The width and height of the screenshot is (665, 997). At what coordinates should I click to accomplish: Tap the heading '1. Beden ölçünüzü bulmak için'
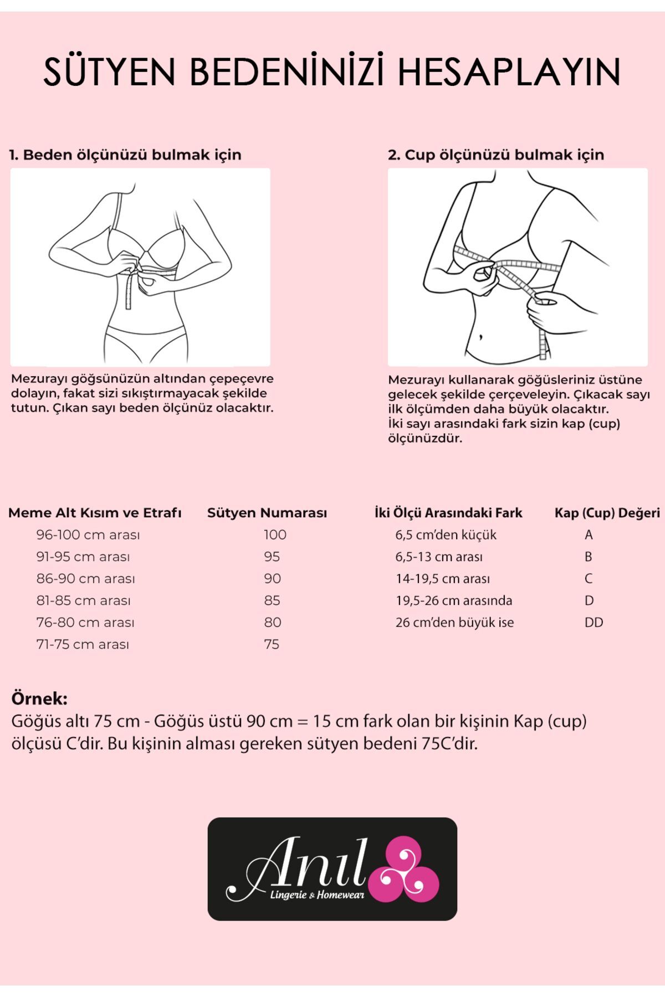coord(125,155)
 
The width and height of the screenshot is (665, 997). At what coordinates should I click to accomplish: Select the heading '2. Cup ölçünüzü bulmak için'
coord(496,155)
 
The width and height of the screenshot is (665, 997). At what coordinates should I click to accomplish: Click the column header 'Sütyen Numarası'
coord(267,513)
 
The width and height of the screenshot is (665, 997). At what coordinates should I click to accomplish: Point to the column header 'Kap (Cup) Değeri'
coord(607,513)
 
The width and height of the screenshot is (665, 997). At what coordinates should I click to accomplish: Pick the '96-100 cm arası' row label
coord(88,535)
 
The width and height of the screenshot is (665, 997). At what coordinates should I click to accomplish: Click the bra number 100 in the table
coord(275,535)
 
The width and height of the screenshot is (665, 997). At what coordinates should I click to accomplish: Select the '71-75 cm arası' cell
coord(83,644)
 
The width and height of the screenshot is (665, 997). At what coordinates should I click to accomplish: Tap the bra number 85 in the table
coord(272,600)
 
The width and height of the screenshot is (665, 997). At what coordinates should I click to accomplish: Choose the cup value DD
coord(594,623)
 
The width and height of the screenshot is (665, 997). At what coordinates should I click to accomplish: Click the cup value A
coord(589,535)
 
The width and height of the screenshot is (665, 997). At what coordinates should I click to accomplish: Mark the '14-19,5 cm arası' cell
coord(443,579)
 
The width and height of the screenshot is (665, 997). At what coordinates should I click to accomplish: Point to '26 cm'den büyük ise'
coord(454,623)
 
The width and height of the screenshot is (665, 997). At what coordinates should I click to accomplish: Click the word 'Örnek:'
coord(39,698)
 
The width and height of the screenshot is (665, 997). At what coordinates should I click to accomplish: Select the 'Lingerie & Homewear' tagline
coord(316,895)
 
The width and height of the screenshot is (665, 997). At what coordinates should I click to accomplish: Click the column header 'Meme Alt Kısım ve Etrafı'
coord(95,513)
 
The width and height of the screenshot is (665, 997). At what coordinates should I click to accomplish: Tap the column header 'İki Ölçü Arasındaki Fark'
coord(448,513)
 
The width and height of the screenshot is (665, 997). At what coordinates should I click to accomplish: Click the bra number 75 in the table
coord(272,644)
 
